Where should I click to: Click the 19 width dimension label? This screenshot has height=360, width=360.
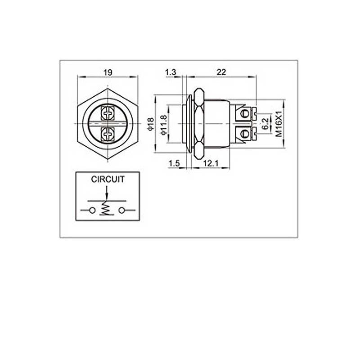pyautogui.click(x=108, y=72)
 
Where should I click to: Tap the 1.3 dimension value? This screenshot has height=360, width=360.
pyautogui.click(x=171, y=72)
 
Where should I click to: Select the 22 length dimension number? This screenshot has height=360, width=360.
pyautogui.click(x=221, y=72)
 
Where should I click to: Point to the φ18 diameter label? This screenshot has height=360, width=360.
pyautogui.click(x=150, y=124)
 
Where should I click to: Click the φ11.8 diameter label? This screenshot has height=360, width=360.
pyautogui.click(x=163, y=125)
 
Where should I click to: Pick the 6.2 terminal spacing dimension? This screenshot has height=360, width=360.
pyautogui.click(x=265, y=124)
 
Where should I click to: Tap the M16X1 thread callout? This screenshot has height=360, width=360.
pyautogui.click(x=279, y=124)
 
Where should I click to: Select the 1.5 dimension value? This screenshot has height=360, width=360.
pyautogui.click(x=174, y=163)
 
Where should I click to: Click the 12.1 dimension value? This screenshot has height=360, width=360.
pyautogui.click(x=211, y=163)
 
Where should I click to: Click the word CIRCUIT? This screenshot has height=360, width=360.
pyautogui.click(x=108, y=179)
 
